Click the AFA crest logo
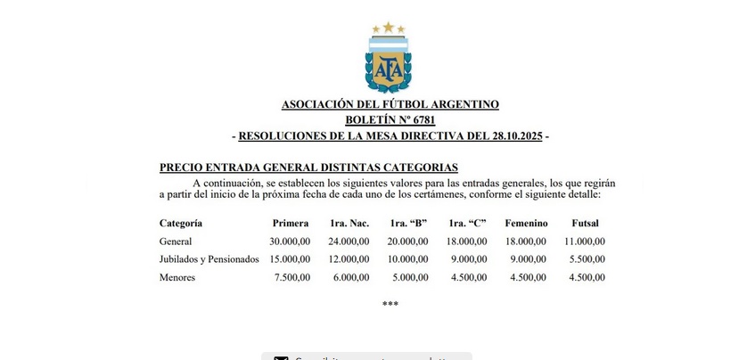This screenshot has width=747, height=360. coord(388,63)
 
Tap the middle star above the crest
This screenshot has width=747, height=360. coord(389,27)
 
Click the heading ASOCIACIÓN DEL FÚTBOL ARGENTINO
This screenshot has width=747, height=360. coord(390,104)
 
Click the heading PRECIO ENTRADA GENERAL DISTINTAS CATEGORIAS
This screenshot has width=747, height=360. coord(308,167)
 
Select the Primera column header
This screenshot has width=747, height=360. coord(291,223)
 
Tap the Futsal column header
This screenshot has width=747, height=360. coord(584,223)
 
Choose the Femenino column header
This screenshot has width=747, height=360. coord(526,223)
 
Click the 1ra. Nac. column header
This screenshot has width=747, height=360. coord(349,223)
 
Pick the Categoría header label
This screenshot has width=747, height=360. coord(180,223)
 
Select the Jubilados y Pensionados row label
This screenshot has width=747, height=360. coord(209,259)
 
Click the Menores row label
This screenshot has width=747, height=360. coord(177,277)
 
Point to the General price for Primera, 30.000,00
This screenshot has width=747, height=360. coord(290,241)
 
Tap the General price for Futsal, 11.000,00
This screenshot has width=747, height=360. coord(584,241)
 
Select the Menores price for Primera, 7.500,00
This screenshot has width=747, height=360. coord(292,277)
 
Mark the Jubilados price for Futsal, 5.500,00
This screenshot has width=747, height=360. coord(587,259)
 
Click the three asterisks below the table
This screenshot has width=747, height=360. coord(390,305)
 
